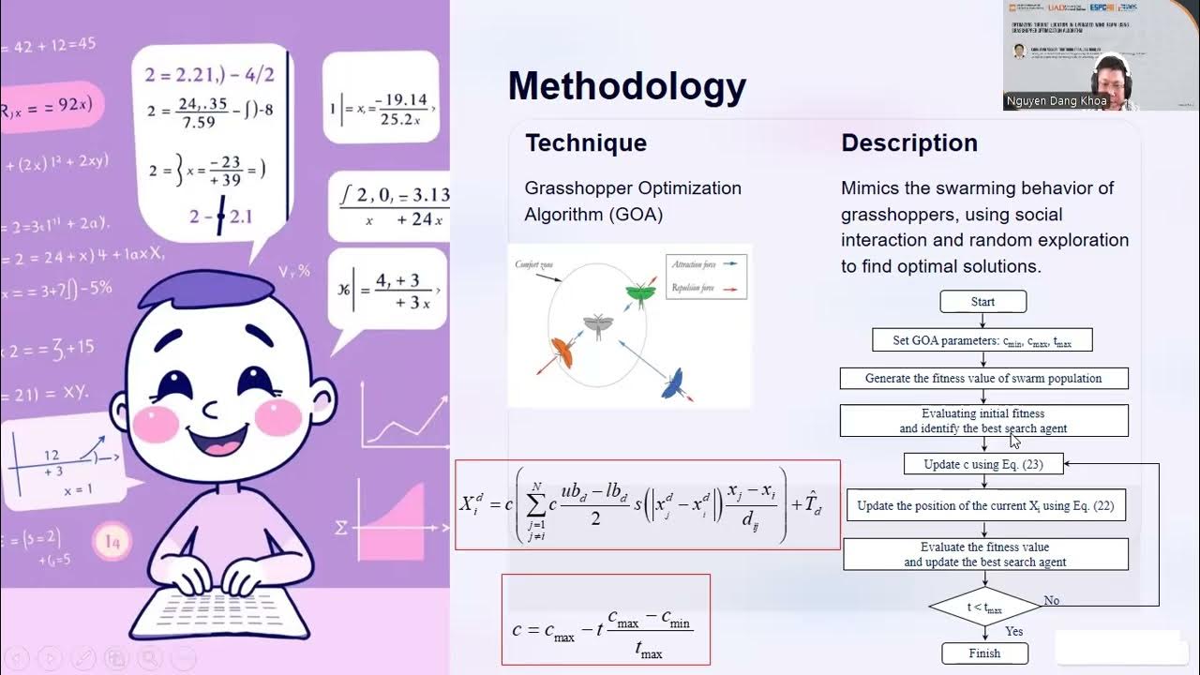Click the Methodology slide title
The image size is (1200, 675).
(626, 87)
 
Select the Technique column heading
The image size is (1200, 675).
(586, 143)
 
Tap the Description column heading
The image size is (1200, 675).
(908, 143)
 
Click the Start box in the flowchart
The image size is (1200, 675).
(982, 302)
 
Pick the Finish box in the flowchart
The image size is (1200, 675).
(984, 653)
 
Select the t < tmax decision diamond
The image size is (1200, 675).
(984, 607)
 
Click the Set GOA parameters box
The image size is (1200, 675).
(982, 340)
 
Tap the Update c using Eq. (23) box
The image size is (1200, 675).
(984, 464)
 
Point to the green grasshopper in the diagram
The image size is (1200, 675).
(640, 294)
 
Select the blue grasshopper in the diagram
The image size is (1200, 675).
(671, 382)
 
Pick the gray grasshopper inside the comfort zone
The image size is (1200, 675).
(596, 325)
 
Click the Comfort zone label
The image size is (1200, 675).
(536, 265)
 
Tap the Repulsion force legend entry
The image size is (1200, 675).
(695, 288)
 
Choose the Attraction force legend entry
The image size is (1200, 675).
(695, 265)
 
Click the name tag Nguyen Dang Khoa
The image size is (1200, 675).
(1057, 100)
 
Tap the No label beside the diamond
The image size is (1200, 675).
(1051, 601)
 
